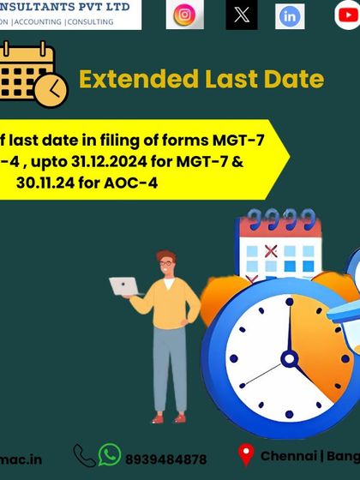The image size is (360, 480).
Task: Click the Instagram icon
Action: tap(184, 15)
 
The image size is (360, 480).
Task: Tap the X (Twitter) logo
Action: tap(242, 15)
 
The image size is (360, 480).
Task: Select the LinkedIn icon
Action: tap(290, 16)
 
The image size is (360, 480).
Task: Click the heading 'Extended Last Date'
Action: tap(201, 80)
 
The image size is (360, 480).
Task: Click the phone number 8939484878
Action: tap(166, 459)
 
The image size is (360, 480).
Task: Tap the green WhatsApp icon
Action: tap(110, 454)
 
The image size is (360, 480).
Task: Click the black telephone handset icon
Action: tap(84, 455)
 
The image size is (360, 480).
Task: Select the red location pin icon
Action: tap(246, 455)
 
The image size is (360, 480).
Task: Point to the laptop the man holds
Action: tap(124, 288)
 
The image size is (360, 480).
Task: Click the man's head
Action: tap(166, 262)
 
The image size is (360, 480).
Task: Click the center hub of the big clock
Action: tap(289, 358)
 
